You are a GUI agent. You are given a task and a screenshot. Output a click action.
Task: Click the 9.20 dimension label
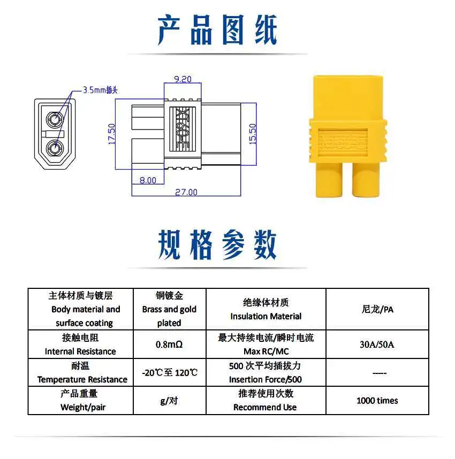183,79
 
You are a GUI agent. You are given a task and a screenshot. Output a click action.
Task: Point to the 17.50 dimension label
112,134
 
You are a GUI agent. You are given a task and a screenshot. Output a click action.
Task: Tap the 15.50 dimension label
252,134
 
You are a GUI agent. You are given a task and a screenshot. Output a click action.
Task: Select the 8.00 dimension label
148,180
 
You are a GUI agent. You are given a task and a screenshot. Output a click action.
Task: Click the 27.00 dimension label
186,192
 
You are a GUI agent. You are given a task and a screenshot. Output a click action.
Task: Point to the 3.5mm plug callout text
100,90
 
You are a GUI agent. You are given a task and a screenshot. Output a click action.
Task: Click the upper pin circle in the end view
55,119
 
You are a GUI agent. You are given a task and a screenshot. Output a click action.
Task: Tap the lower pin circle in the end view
55,149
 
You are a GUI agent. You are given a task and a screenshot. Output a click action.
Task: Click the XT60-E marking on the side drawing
183,129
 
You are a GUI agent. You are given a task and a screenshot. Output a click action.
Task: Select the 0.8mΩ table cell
169,345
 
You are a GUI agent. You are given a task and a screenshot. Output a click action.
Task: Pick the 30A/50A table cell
377,345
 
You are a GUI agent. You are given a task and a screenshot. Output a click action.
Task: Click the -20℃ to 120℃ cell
169,372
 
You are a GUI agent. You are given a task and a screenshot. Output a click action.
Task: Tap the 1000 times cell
377,401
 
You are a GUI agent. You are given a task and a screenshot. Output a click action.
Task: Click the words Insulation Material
266,316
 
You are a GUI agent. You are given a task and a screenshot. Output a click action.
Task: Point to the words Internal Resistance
80,351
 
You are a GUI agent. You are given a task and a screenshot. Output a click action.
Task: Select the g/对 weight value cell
169,401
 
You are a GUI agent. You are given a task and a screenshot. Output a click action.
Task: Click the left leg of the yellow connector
329,179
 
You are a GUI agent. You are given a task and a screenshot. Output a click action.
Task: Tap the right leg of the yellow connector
366,179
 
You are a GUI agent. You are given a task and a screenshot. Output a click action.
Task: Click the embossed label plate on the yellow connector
343,142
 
